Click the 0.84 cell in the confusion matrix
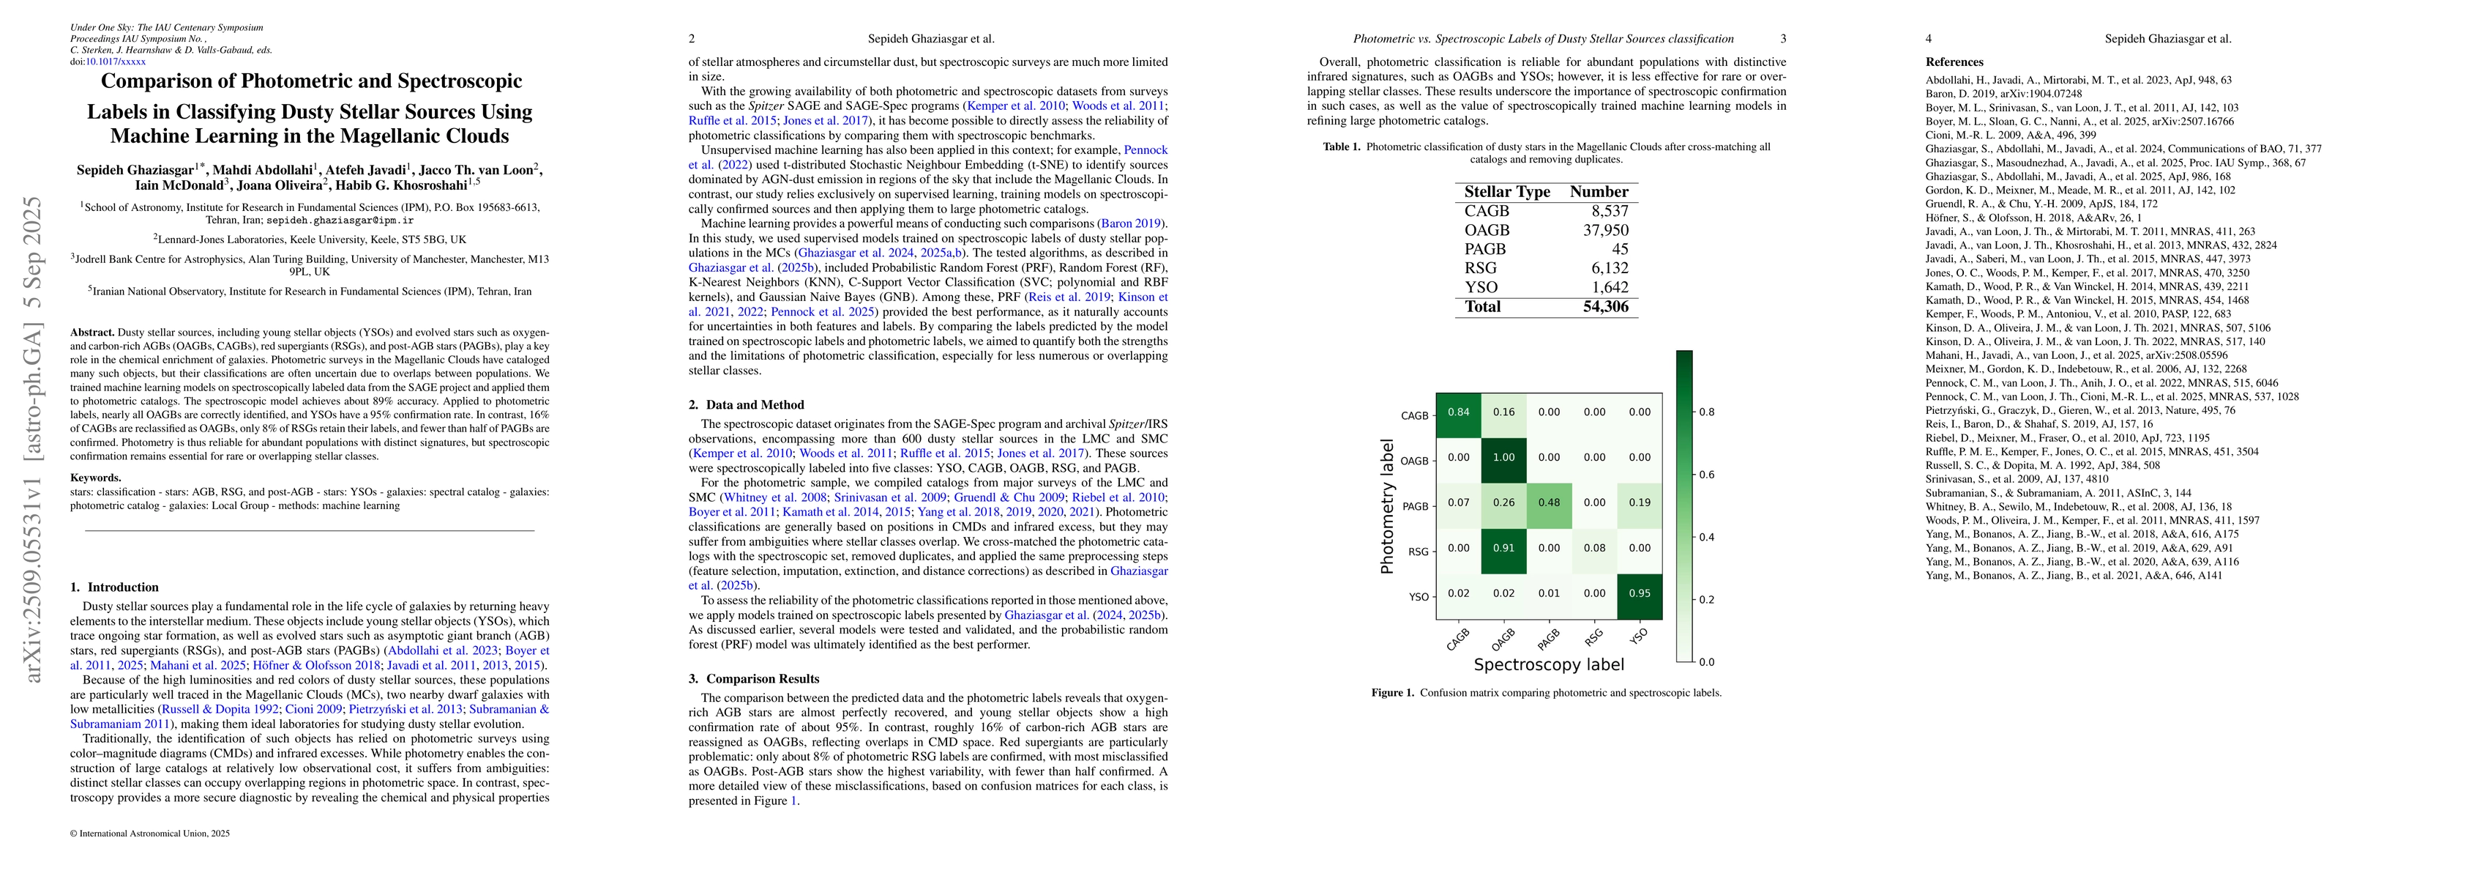click(1458, 412)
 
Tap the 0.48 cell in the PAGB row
click(1548, 502)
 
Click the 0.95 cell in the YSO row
click(1640, 593)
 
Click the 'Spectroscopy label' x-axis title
click(1548, 665)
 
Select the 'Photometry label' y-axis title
click(1387, 502)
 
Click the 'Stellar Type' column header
click(1507, 191)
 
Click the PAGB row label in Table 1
click(1485, 249)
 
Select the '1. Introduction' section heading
click(115, 587)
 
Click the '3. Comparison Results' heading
click(745, 678)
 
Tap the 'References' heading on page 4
click(1954, 62)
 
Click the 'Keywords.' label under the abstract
click(96, 478)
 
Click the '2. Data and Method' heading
click(745, 404)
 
